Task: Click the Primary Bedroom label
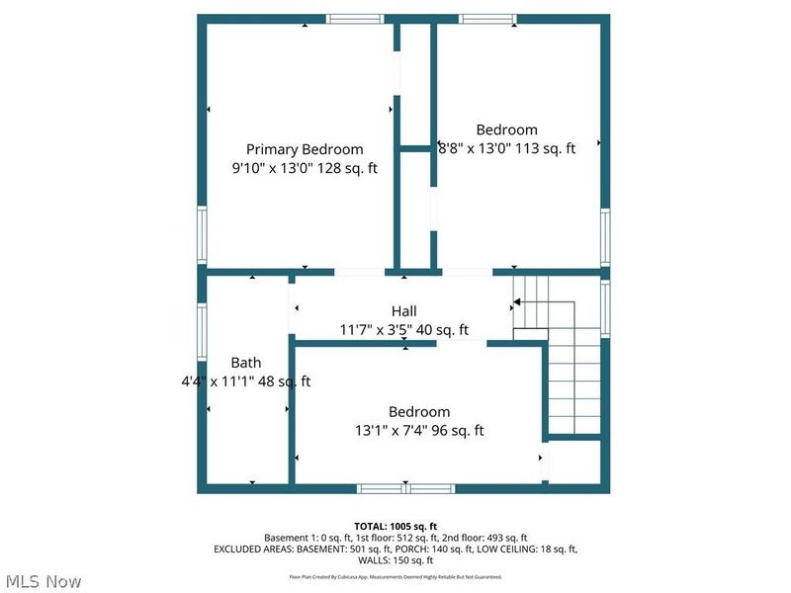coord(305,149)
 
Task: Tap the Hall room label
coord(404,311)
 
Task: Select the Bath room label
coord(246,363)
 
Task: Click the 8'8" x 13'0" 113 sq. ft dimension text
coord(506,148)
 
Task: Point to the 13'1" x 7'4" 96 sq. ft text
coord(419,431)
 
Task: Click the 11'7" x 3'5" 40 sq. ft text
coord(404,330)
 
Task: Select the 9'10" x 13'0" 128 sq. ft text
coord(305,168)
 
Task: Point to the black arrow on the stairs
coord(518,304)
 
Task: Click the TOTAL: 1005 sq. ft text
coord(395,526)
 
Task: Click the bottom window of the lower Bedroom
coord(405,488)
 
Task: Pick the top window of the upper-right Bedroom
coord(486,18)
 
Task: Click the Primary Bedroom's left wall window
coord(202,234)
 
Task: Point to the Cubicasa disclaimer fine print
coord(395,576)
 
